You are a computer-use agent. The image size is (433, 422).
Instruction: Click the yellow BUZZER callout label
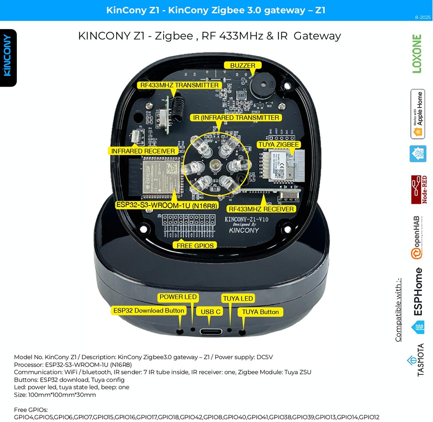(243, 65)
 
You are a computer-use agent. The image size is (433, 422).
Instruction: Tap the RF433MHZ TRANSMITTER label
(179, 85)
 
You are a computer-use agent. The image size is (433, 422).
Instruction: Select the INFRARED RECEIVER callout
(143, 151)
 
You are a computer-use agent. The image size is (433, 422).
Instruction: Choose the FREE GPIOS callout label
(194, 245)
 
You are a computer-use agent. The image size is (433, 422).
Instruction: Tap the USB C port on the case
(210, 332)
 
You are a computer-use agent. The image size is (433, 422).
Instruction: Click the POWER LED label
(178, 297)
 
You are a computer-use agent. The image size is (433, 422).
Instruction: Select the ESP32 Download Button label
(149, 311)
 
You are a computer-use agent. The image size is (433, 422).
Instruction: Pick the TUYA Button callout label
(260, 312)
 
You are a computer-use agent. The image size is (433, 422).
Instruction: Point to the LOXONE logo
(417, 54)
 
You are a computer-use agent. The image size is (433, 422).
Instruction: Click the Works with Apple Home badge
(417, 114)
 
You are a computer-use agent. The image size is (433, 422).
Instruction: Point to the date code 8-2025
(422, 17)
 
